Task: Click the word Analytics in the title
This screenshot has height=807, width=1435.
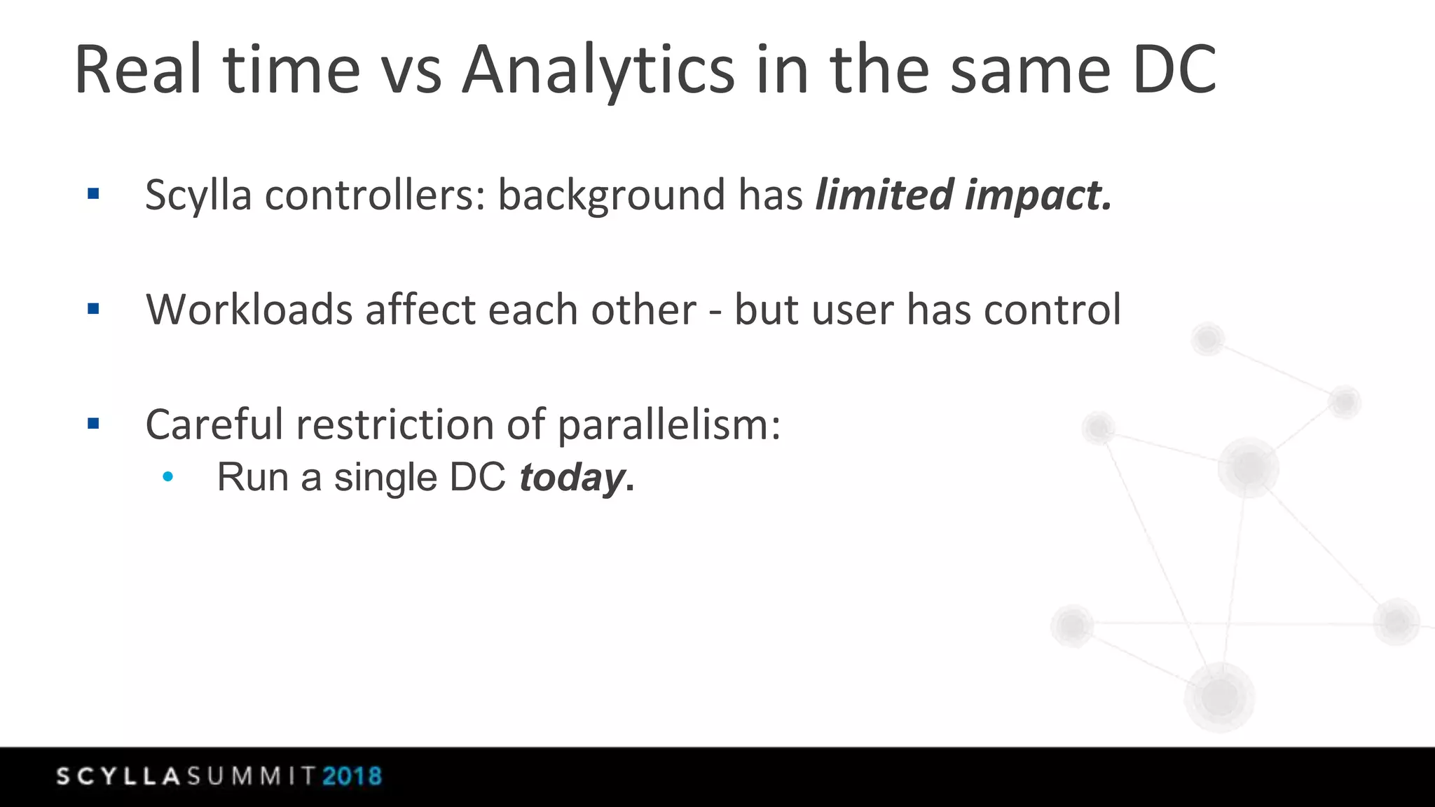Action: tap(598, 70)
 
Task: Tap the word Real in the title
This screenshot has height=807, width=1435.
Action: tap(138, 70)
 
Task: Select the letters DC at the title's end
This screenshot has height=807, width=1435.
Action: tap(1174, 70)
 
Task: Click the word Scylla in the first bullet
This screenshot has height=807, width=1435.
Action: tap(198, 195)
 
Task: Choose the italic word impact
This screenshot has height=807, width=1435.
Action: tap(1038, 195)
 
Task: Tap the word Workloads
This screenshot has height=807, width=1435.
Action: tap(249, 310)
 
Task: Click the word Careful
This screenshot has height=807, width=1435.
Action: tap(214, 425)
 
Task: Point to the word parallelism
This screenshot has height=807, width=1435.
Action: tap(668, 426)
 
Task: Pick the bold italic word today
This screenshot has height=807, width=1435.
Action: tap(572, 478)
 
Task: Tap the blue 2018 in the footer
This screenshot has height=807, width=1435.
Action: tap(352, 776)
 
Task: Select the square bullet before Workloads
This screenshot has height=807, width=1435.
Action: tap(93, 309)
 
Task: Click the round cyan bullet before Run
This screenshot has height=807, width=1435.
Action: tap(167, 477)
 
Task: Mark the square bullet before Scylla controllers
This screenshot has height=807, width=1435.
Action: tap(93, 194)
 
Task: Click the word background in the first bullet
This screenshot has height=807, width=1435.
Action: tap(611, 195)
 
